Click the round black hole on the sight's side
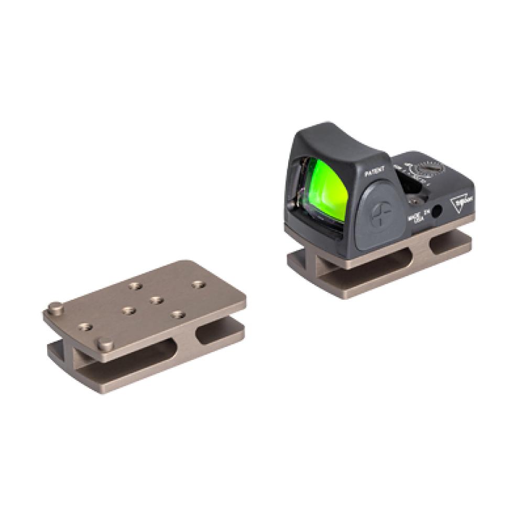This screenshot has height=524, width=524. [436, 211]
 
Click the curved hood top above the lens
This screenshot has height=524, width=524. [335, 139]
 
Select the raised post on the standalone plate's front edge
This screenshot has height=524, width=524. [106, 345]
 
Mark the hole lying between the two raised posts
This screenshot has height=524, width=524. [84, 327]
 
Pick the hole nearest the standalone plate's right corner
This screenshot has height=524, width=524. [196, 285]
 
